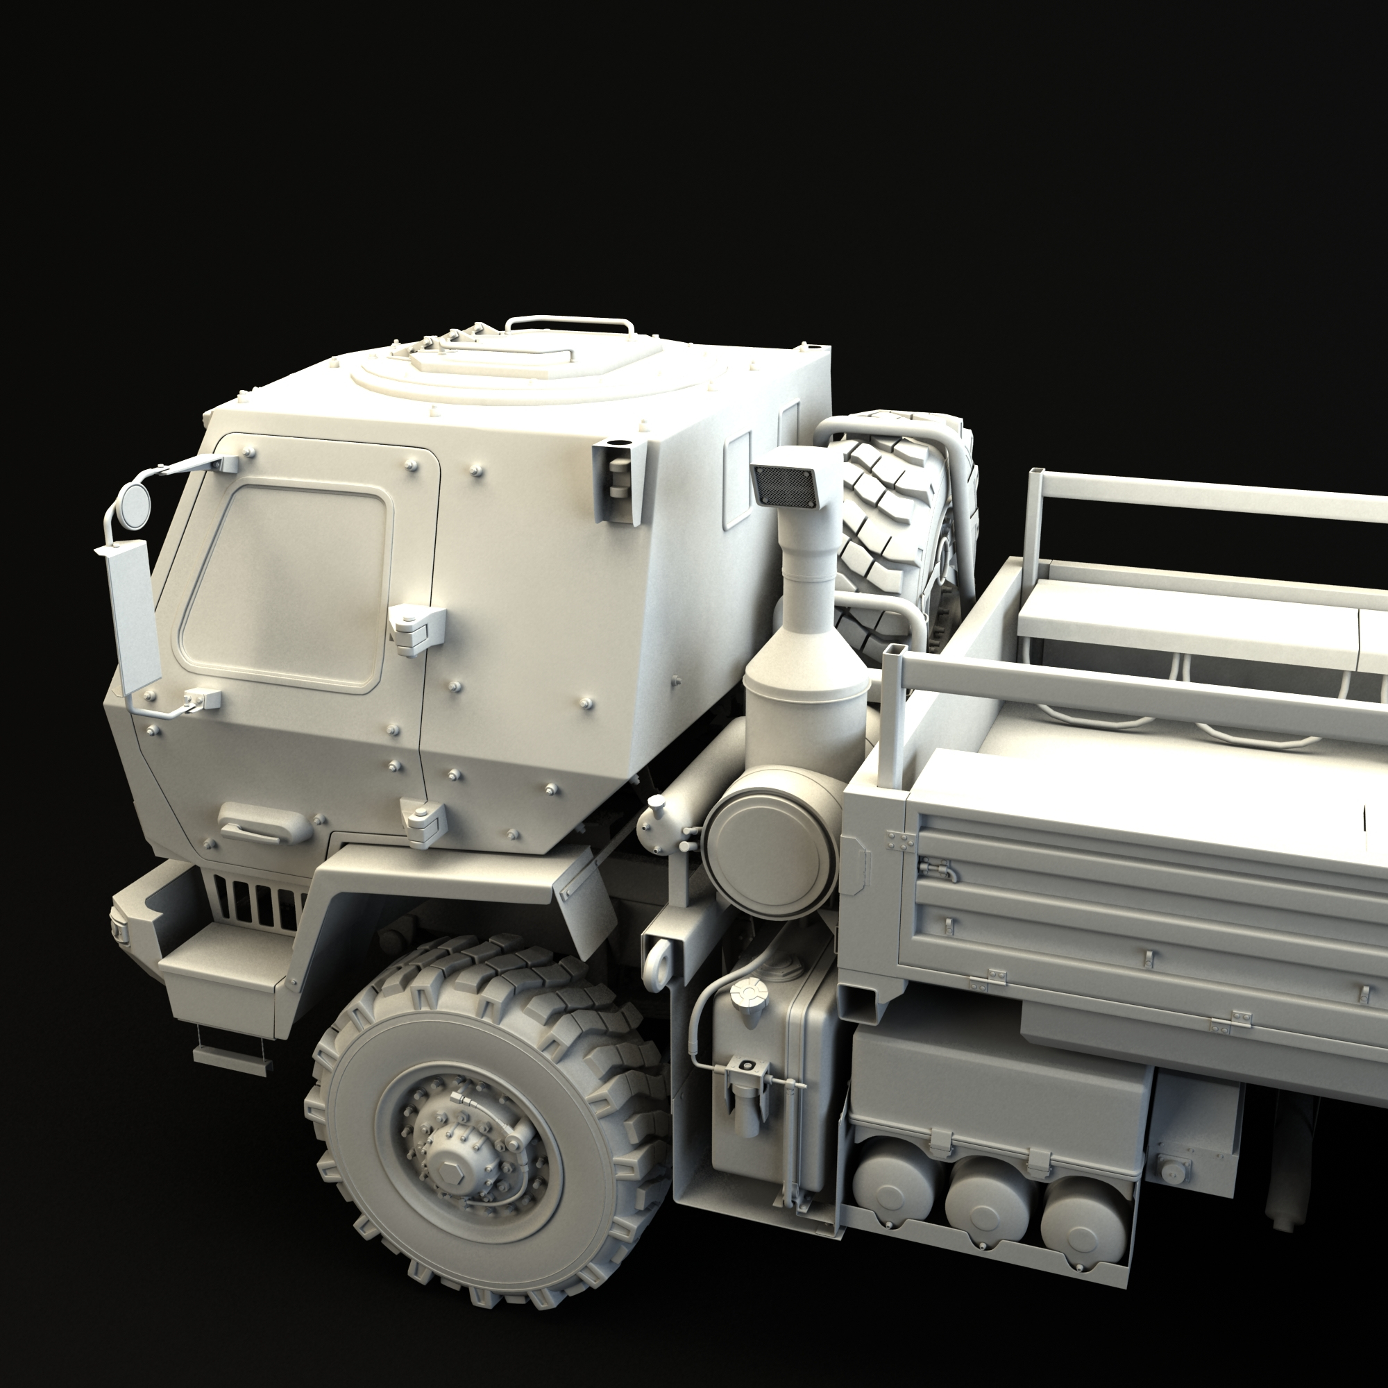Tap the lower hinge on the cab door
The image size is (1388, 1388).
[x=425, y=822]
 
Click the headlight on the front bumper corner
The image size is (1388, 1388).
[x=117, y=927]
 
